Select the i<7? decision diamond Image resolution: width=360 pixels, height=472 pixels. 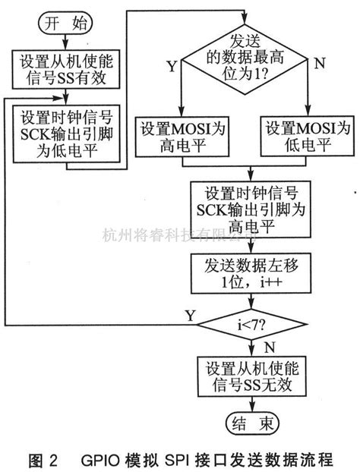point(245,323)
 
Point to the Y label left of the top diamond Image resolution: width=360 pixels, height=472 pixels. point(171,67)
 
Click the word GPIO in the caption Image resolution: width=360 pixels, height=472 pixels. point(106,459)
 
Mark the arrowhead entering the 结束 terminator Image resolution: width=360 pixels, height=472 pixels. point(245,407)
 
